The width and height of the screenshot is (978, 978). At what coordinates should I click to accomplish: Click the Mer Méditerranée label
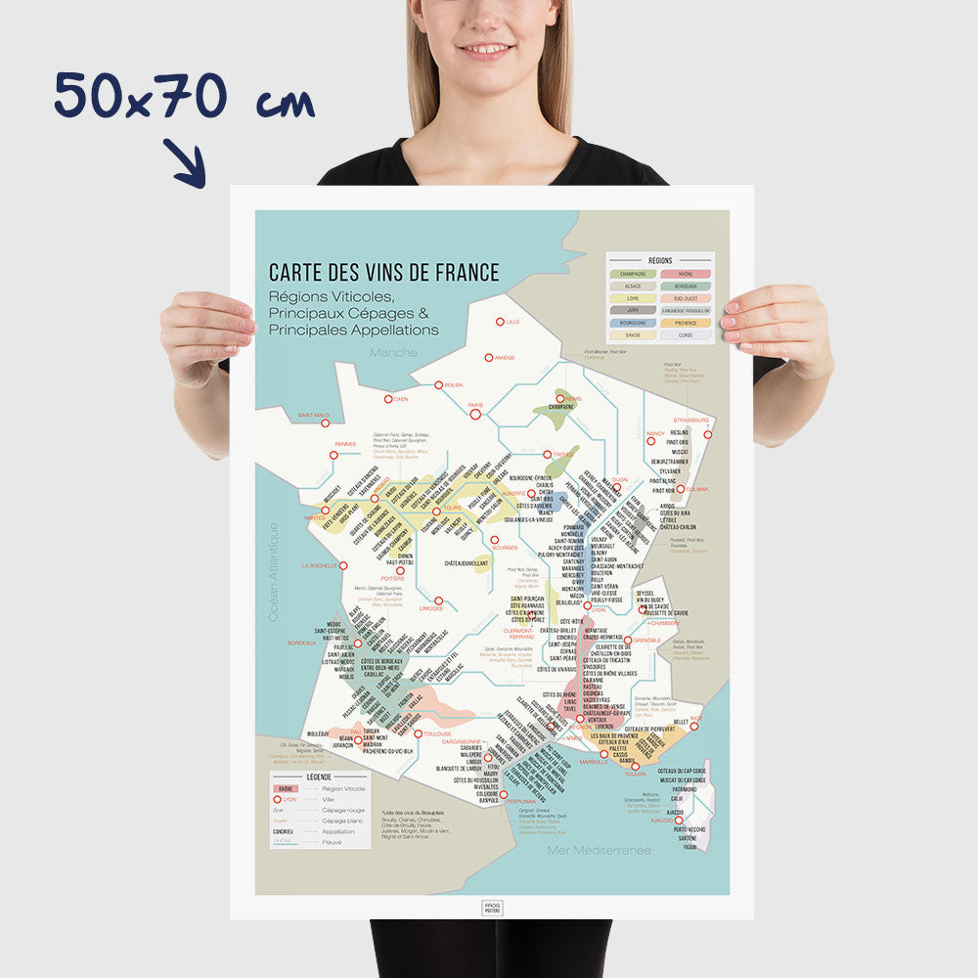click(x=600, y=850)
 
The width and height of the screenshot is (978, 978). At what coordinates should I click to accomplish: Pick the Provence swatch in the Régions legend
click(x=686, y=322)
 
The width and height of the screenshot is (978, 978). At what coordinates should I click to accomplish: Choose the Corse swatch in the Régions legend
click(x=686, y=334)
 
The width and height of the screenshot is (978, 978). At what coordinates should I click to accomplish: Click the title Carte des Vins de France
click(x=384, y=273)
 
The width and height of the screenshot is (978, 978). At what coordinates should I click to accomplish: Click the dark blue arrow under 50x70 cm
click(x=184, y=162)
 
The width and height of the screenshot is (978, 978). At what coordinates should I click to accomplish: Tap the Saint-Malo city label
click(x=314, y=415)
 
